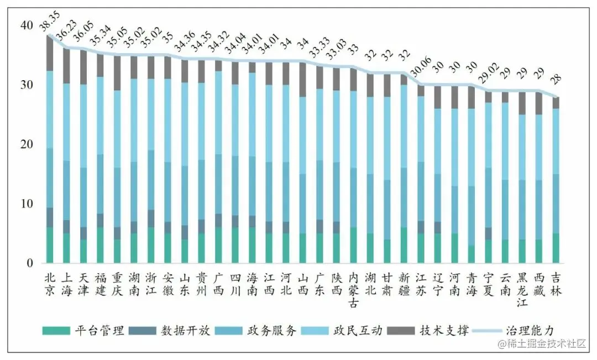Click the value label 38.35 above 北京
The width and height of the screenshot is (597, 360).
pyautogui.click(x=50, y=20)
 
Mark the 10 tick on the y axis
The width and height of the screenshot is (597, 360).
pyautogui.click(x=26, y=204)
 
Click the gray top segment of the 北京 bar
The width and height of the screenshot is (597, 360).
pyautogui.click(x=50, y=53)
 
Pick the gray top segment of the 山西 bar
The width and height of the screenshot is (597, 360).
pyautogui.click(x=303, y=79)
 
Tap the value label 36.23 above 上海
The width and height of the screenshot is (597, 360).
pyautogui.click(x=66, y=33)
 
